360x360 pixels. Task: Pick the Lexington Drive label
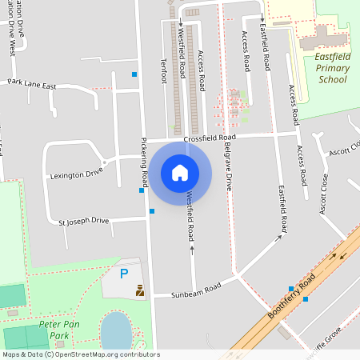77,172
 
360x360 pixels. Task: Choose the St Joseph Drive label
78,220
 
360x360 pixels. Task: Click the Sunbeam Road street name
196,291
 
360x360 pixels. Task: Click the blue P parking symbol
123,274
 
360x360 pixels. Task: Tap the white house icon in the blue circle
180,172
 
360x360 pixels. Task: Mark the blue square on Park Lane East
134,74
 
